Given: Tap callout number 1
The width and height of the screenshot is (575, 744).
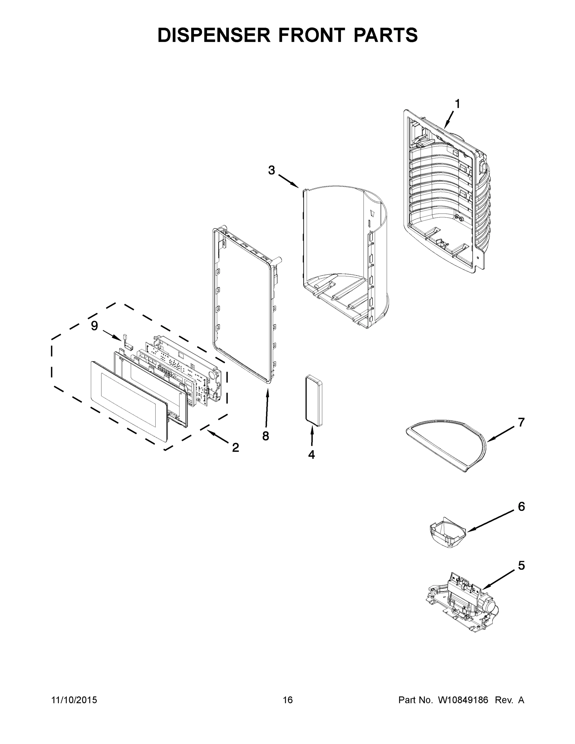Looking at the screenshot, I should pos(458,104).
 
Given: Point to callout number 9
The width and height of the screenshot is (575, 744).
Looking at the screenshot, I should pos(94,326).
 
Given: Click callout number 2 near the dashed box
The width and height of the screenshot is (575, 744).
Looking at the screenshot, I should pos(235,447).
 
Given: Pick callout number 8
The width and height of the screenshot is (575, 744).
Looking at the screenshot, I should pos(266,436).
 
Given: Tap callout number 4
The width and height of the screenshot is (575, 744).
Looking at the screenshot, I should pos(311,454).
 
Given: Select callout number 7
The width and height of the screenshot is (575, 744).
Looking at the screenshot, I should pos(521,423).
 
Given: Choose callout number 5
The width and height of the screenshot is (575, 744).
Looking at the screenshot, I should pos(521,566).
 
